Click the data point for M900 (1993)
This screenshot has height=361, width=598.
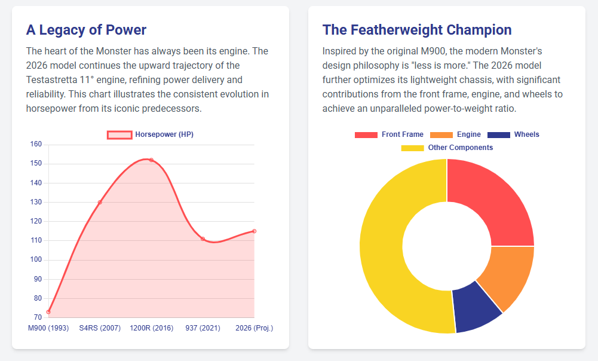click(x=48, y=312)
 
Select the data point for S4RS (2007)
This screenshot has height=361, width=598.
click(x=100, y=203)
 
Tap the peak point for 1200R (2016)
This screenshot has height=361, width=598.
click(x=151, y=160)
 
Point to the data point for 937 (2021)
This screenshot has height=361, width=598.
click(x=203, y=239)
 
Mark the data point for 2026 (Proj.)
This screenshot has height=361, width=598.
click(x=254, y=231)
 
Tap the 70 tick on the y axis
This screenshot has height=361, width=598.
click(x=37, y=317)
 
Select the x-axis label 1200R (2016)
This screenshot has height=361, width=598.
click(x=151, y=328)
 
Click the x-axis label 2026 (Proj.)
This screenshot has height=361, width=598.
click(x=254, y=328)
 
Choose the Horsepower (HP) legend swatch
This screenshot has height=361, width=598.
click(x=119, y=135)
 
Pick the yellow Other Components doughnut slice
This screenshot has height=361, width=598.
click(x=388, y=251)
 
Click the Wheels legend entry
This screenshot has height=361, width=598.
click(x=513, y=134)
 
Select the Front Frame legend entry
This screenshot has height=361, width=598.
click(x=389, y=134)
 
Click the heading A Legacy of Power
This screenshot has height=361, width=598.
click(x=87, y=30)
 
